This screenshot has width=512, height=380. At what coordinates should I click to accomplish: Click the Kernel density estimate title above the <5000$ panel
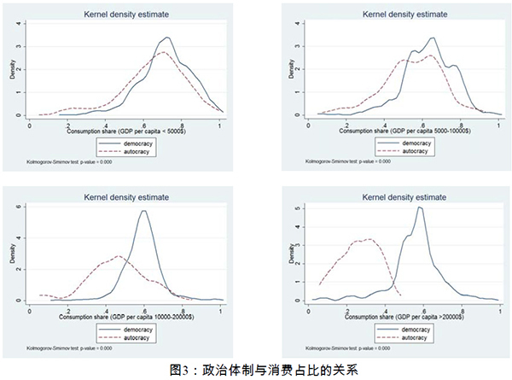pos(125,14)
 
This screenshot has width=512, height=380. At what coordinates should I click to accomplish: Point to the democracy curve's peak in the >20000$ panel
pos(420,208)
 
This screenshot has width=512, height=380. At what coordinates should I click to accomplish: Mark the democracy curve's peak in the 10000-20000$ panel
pos(144,211)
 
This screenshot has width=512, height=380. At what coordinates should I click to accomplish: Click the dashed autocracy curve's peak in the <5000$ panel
pos(165,52)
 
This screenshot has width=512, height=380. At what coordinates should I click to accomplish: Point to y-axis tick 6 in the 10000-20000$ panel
pos(19,208)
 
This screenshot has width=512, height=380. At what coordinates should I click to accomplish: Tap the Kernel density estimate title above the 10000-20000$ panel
pos(125,196)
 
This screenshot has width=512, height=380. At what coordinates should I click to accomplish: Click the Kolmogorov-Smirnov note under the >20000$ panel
pos(342,347)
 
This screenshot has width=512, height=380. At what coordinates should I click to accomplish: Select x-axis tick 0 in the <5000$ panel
pos(31,126)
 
